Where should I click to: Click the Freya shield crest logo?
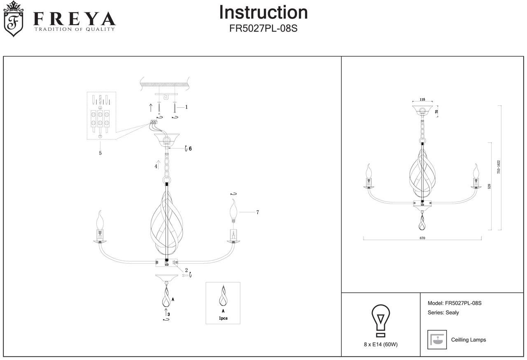point(13,19)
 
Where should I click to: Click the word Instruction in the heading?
point(263,12)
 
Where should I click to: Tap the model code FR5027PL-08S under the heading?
point(263,29)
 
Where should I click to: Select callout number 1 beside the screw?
point(187,107)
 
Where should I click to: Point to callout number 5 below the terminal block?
point(100,153)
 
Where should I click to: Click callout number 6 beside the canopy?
point(190,149)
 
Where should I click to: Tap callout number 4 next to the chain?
point(156,167)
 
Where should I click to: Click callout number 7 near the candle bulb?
point(257,212)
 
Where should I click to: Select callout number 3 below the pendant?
point(169,314)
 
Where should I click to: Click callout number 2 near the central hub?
point(186,270)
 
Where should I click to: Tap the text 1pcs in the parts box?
point(223,318)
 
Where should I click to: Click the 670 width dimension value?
point(422,238)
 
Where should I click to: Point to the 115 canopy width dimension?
point(422,100)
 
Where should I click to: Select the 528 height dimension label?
point(489,186)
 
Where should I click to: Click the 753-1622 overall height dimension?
point(499,167)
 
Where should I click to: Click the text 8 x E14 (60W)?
point(381,344)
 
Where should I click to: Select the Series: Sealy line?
point(443,313)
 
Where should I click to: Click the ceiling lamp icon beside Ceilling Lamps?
point(437,340)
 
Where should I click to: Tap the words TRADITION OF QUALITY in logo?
point(75,29)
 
